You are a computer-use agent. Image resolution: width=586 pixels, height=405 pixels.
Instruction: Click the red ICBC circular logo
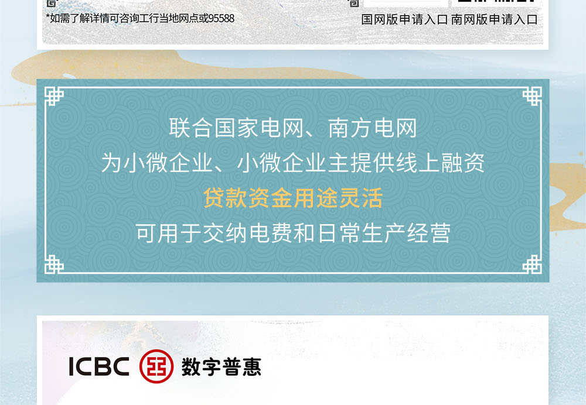[156, 366]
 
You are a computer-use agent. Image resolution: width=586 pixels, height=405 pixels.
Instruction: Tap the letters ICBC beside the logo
[99, 366]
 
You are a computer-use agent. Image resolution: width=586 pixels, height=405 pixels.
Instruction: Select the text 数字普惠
[222, 366]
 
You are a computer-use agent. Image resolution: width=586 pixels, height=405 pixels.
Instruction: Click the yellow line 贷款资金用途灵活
[293, 198]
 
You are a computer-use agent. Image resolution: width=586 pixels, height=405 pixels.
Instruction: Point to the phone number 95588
[222, 18]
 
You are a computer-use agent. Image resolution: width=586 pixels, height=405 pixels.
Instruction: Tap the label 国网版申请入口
[404, 20]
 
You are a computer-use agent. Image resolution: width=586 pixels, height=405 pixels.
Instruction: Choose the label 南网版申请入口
[495, 20]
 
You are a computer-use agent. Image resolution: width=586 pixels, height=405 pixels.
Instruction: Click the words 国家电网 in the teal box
[258, 128]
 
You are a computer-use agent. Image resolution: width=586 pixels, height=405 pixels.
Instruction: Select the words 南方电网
[372, 128]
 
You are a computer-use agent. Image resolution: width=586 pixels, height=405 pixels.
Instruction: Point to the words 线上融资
[440, 163]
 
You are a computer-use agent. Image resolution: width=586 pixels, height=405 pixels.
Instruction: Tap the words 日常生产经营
[384, 233]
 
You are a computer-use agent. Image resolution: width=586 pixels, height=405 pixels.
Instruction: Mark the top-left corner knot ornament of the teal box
[54, 97]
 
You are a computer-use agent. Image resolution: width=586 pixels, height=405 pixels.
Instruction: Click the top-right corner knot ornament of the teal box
[532, 97]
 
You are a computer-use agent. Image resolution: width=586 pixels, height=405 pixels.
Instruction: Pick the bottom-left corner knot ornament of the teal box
[54, 265]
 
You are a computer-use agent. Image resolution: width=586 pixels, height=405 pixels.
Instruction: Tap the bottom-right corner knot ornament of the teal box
[532, 265]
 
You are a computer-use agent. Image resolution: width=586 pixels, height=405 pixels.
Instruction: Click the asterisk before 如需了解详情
[47, 16]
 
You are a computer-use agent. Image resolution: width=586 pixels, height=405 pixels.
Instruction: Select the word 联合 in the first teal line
[191, 128]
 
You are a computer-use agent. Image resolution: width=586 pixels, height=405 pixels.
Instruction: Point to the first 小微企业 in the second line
[168, 163]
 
